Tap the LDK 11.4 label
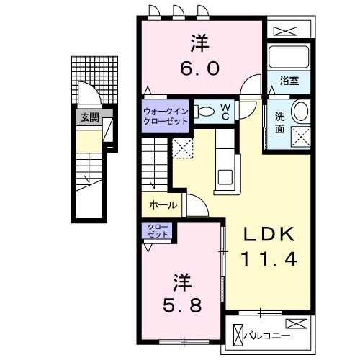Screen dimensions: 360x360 pos(269,247)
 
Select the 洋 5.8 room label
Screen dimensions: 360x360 pos(180,292)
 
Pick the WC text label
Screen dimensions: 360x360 pos(224,112)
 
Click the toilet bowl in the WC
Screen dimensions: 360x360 pos(205,112)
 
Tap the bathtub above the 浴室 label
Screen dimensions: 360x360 pos(288,57)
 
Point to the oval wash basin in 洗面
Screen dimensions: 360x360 pos(302,111)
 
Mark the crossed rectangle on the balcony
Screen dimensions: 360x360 pos(296,323)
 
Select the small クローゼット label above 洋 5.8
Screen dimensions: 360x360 pos(158,232)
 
